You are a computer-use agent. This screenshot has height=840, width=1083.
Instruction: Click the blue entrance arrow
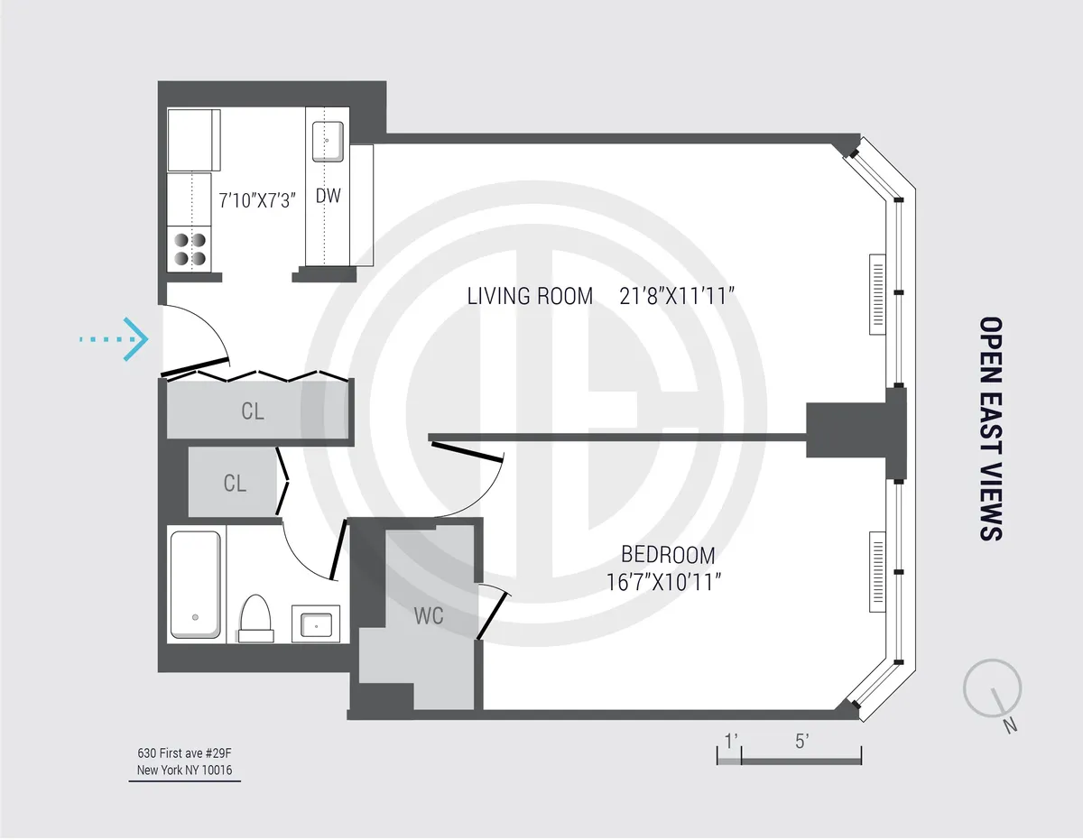tap(116, 339)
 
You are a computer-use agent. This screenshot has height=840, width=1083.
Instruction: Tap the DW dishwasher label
tap(328, 196)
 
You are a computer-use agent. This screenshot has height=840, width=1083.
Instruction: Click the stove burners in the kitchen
tap(190, 249)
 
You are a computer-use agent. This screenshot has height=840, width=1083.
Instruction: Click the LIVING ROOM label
tap(530, 296)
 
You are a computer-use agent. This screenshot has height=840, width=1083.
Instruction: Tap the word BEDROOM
tap(668, 555)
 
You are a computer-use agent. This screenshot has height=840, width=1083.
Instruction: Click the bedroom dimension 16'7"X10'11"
tap(668, 584)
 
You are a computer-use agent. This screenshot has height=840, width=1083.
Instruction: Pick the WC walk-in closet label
tap(428, 617)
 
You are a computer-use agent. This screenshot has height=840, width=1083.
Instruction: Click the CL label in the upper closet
tap(253, 411)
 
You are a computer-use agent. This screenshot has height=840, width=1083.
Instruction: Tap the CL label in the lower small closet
tap(235, 484)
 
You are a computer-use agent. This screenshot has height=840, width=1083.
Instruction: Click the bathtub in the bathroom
tap(196, 584)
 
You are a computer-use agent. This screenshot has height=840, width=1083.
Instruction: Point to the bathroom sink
tap(316, 624)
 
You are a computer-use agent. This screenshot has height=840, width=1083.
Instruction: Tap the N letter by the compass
tap(1011, 725)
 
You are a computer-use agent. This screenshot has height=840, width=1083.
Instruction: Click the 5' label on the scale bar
tap(801, 742)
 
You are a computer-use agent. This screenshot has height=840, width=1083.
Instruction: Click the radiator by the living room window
tap(876, 293)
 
